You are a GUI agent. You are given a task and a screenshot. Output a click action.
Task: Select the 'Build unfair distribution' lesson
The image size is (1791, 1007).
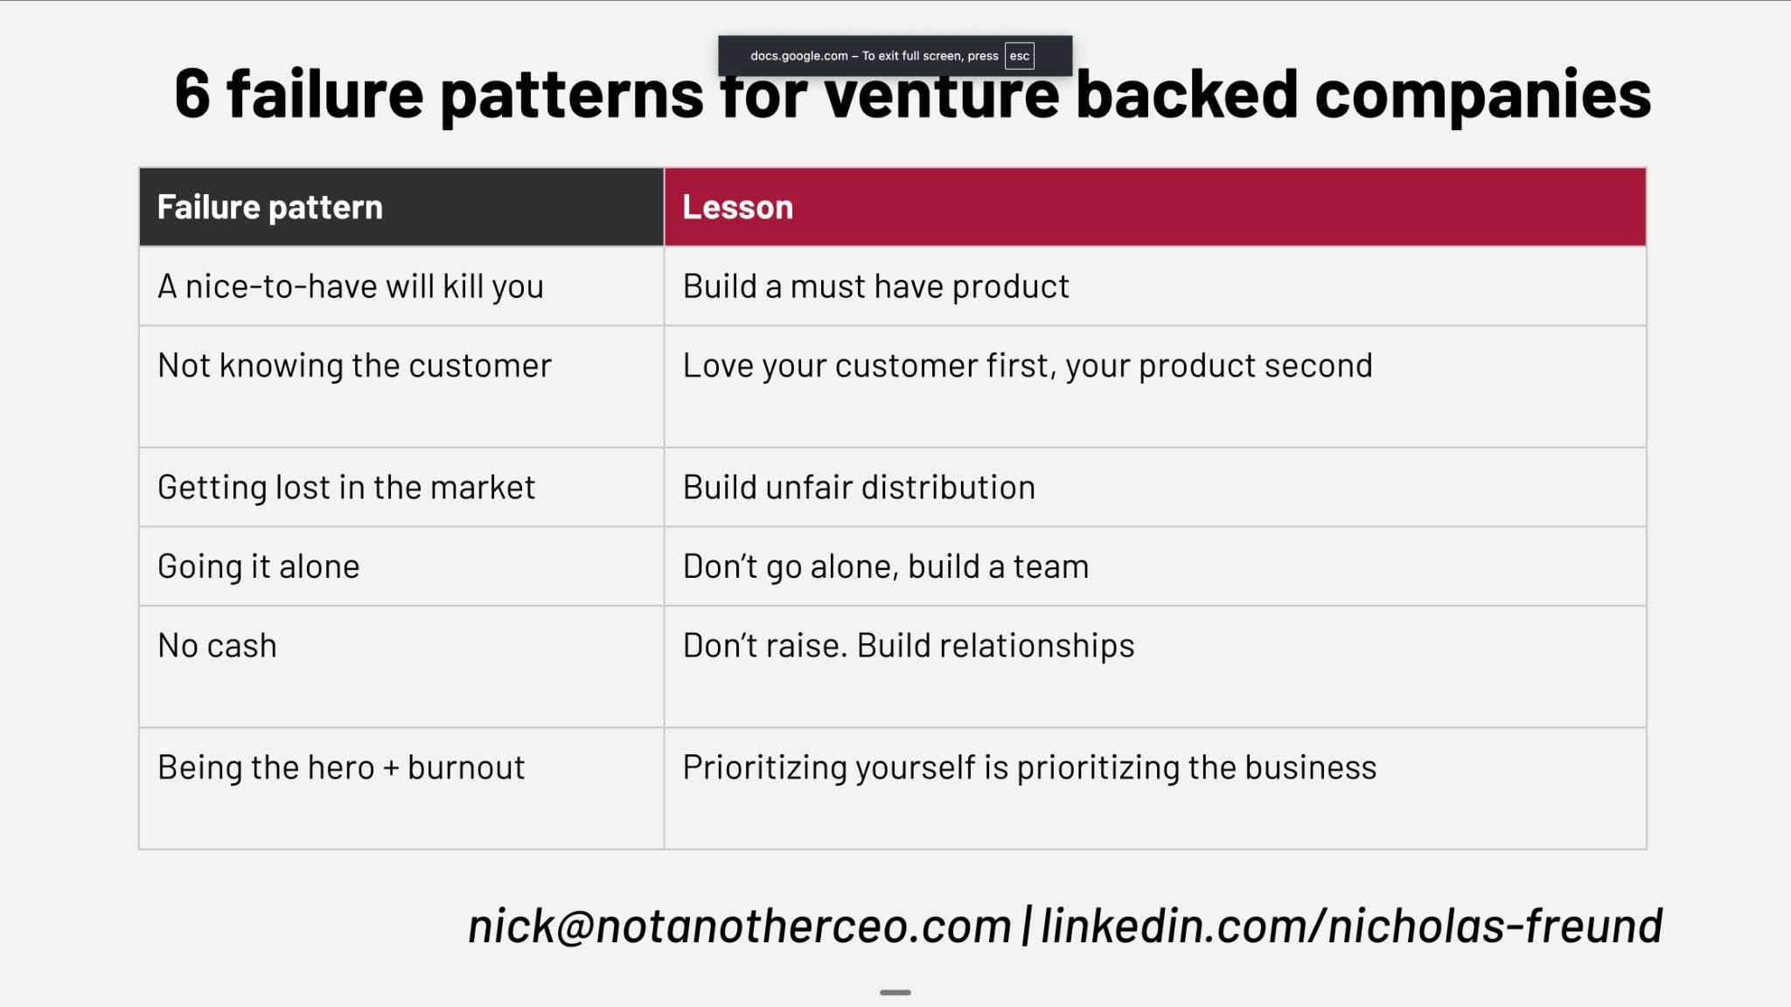coord(859,487)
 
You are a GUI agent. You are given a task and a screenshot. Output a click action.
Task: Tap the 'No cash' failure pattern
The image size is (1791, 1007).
coord(217,646)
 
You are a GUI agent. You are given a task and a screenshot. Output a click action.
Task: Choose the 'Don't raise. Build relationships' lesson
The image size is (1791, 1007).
coord(909,646)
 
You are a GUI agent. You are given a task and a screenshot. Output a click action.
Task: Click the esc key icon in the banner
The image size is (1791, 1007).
coord(1020,56)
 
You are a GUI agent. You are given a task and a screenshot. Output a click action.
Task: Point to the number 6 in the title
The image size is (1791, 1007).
coord(192,94)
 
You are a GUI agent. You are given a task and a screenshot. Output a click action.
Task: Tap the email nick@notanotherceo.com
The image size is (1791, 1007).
coord(740,926)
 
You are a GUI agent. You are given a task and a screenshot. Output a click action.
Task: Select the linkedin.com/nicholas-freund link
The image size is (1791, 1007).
coord(1352,926)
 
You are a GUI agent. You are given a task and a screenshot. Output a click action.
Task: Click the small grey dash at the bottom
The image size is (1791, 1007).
coord(895,992)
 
